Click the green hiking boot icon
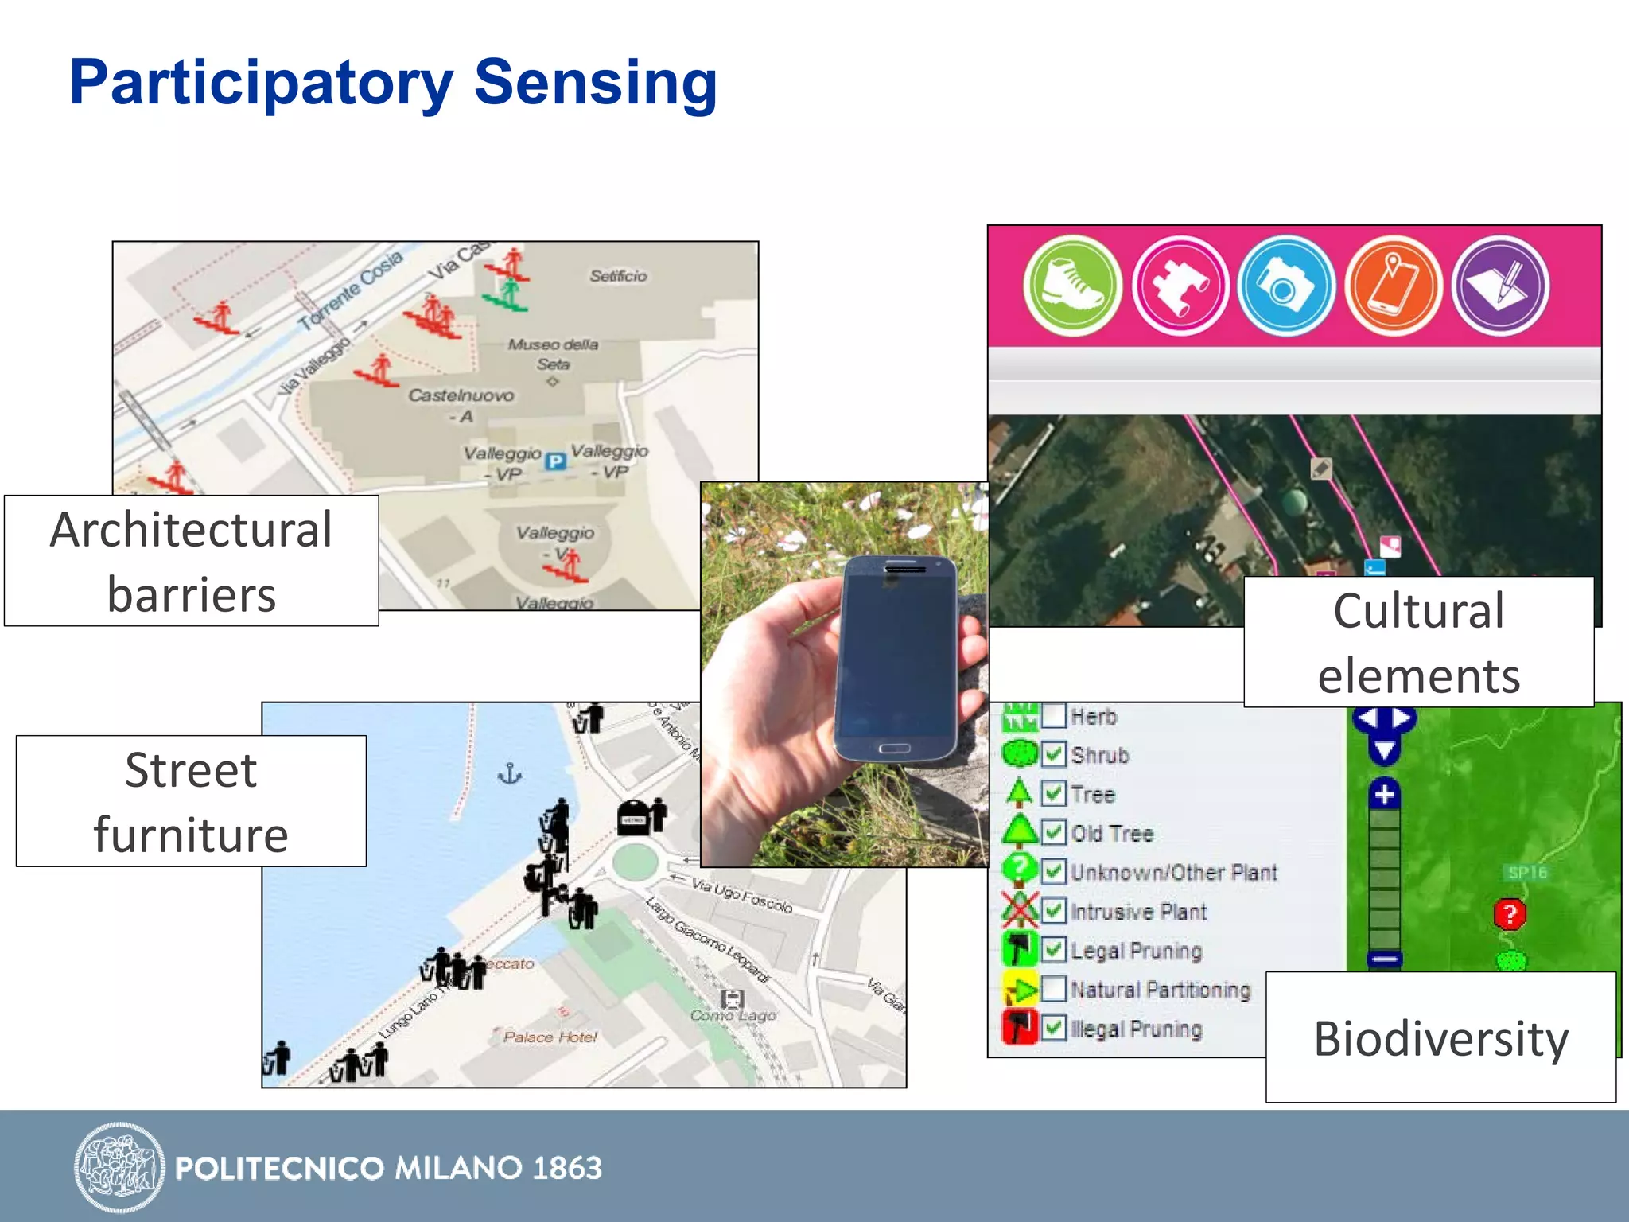pyautogui.click(x=1072, y=286)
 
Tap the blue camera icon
pyautogui.click(x=1285, y=286)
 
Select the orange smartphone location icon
pyautogui.click(x=1393, y=286)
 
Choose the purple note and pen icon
pyautogui.click(x=1500, y=286)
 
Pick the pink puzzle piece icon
pyautogui.click(x=1180, y=286)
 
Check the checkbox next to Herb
pyautogui.click(x=1053, y=716)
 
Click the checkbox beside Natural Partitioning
pyautogui.click(x=1053, y=989)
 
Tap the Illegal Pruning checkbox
pyautogui.click(x=1053, y=1028)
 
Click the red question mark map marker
pyautogui.click(x=1510, y=914)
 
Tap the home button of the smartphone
pyautogui.click(x=894, y=749)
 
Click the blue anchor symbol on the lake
pyautogui.click(x=509, y=773)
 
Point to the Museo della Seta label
pyautogui.click(x=554, y=354)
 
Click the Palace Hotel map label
pyautogui.click(x=550, y=1037)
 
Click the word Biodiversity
pyautogui.click(x=1440, y=1039)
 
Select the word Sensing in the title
pyautogui.click(x=596, y=83)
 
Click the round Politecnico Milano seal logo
pyautogui.click(x=119, y=1167)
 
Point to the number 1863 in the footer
pyautogui.click(x=567, y=1168)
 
